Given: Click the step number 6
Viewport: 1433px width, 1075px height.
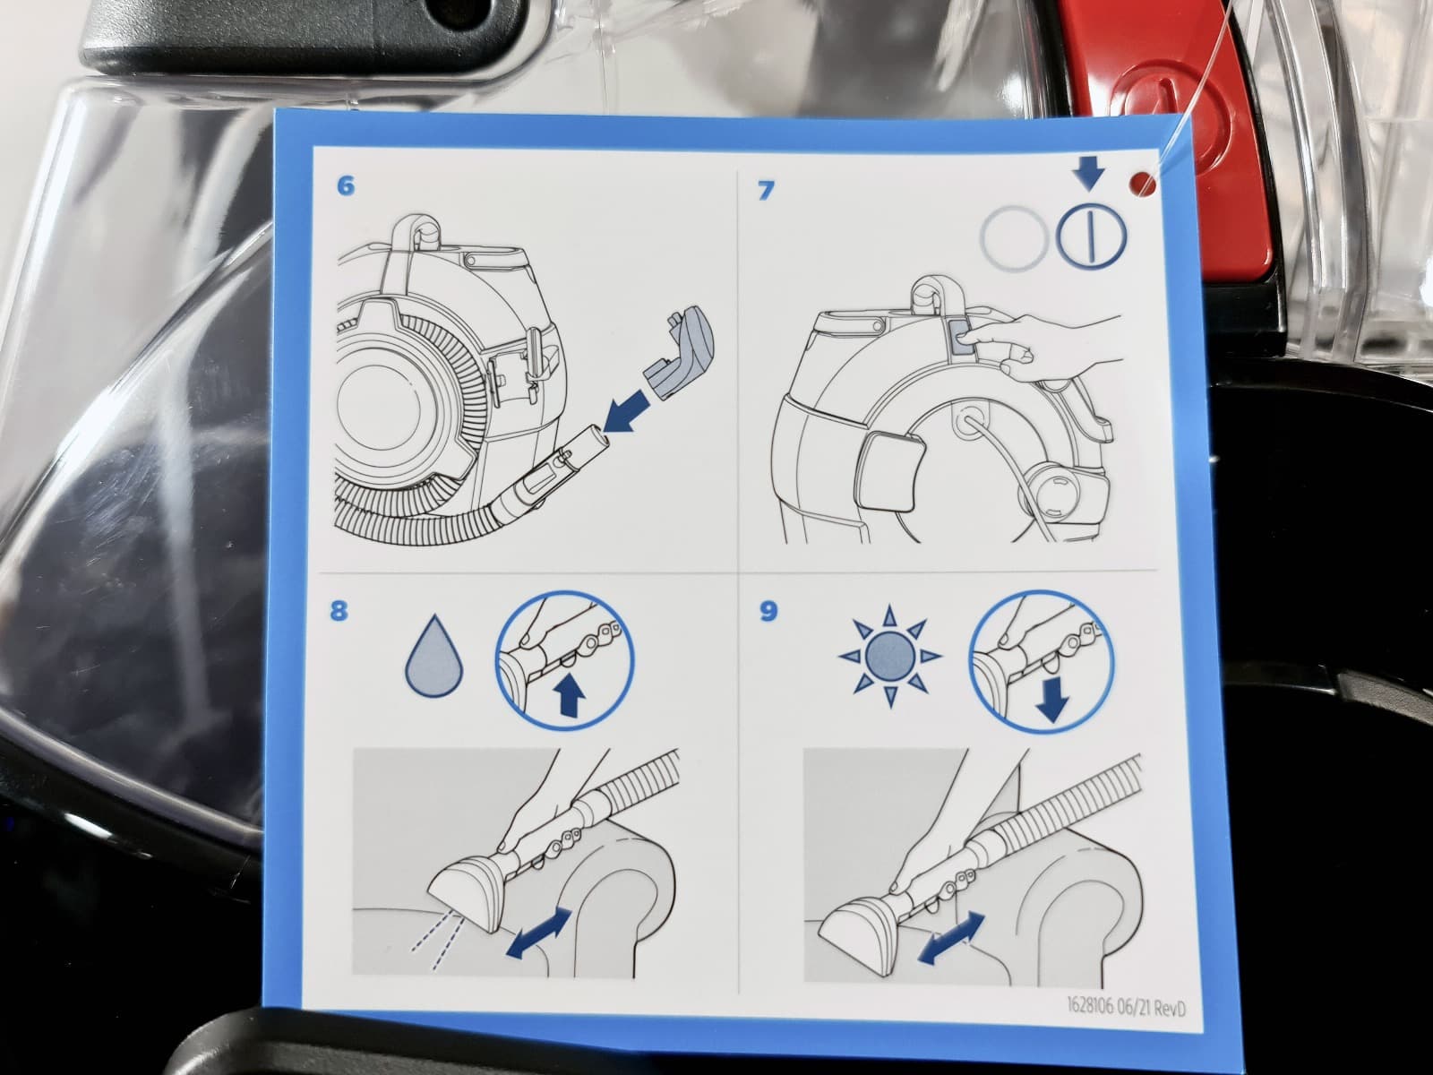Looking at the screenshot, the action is pos(346,185).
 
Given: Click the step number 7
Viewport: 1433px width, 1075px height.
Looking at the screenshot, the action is pos(766,191).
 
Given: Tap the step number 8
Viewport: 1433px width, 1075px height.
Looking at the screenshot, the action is pos(339,612).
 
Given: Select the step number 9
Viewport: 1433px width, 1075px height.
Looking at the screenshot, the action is pos(768,612).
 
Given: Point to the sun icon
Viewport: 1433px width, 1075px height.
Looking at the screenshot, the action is pos(890,656).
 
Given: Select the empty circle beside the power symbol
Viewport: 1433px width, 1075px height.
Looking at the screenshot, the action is pos(1015,237).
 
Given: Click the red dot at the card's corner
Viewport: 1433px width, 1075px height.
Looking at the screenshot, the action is pos(1143,183).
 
